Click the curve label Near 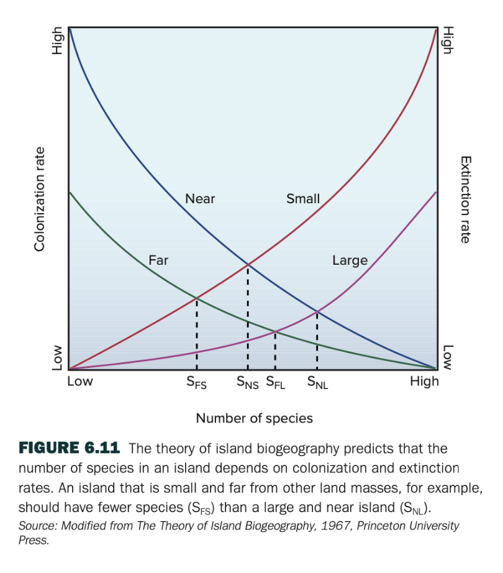[x=200, y=199]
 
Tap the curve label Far [x=158, y=260]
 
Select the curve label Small [x=303, y=199]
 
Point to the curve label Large [x=350, y=260]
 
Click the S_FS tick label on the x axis [x=196, y=383]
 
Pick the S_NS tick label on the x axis [x=247, y=383]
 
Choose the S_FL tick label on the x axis [x=275, y=383]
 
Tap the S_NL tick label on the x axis [x=317, y=383]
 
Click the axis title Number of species [x=254, y=418]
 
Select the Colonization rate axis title [x=40, y=199]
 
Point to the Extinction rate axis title [x=464, y=199]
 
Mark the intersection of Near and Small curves [x=248, y=265]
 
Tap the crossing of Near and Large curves [x=317, y=311]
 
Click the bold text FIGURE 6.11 [x=69, y=449]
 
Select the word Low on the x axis [x=79, y=381]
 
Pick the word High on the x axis [x=424, y=381]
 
